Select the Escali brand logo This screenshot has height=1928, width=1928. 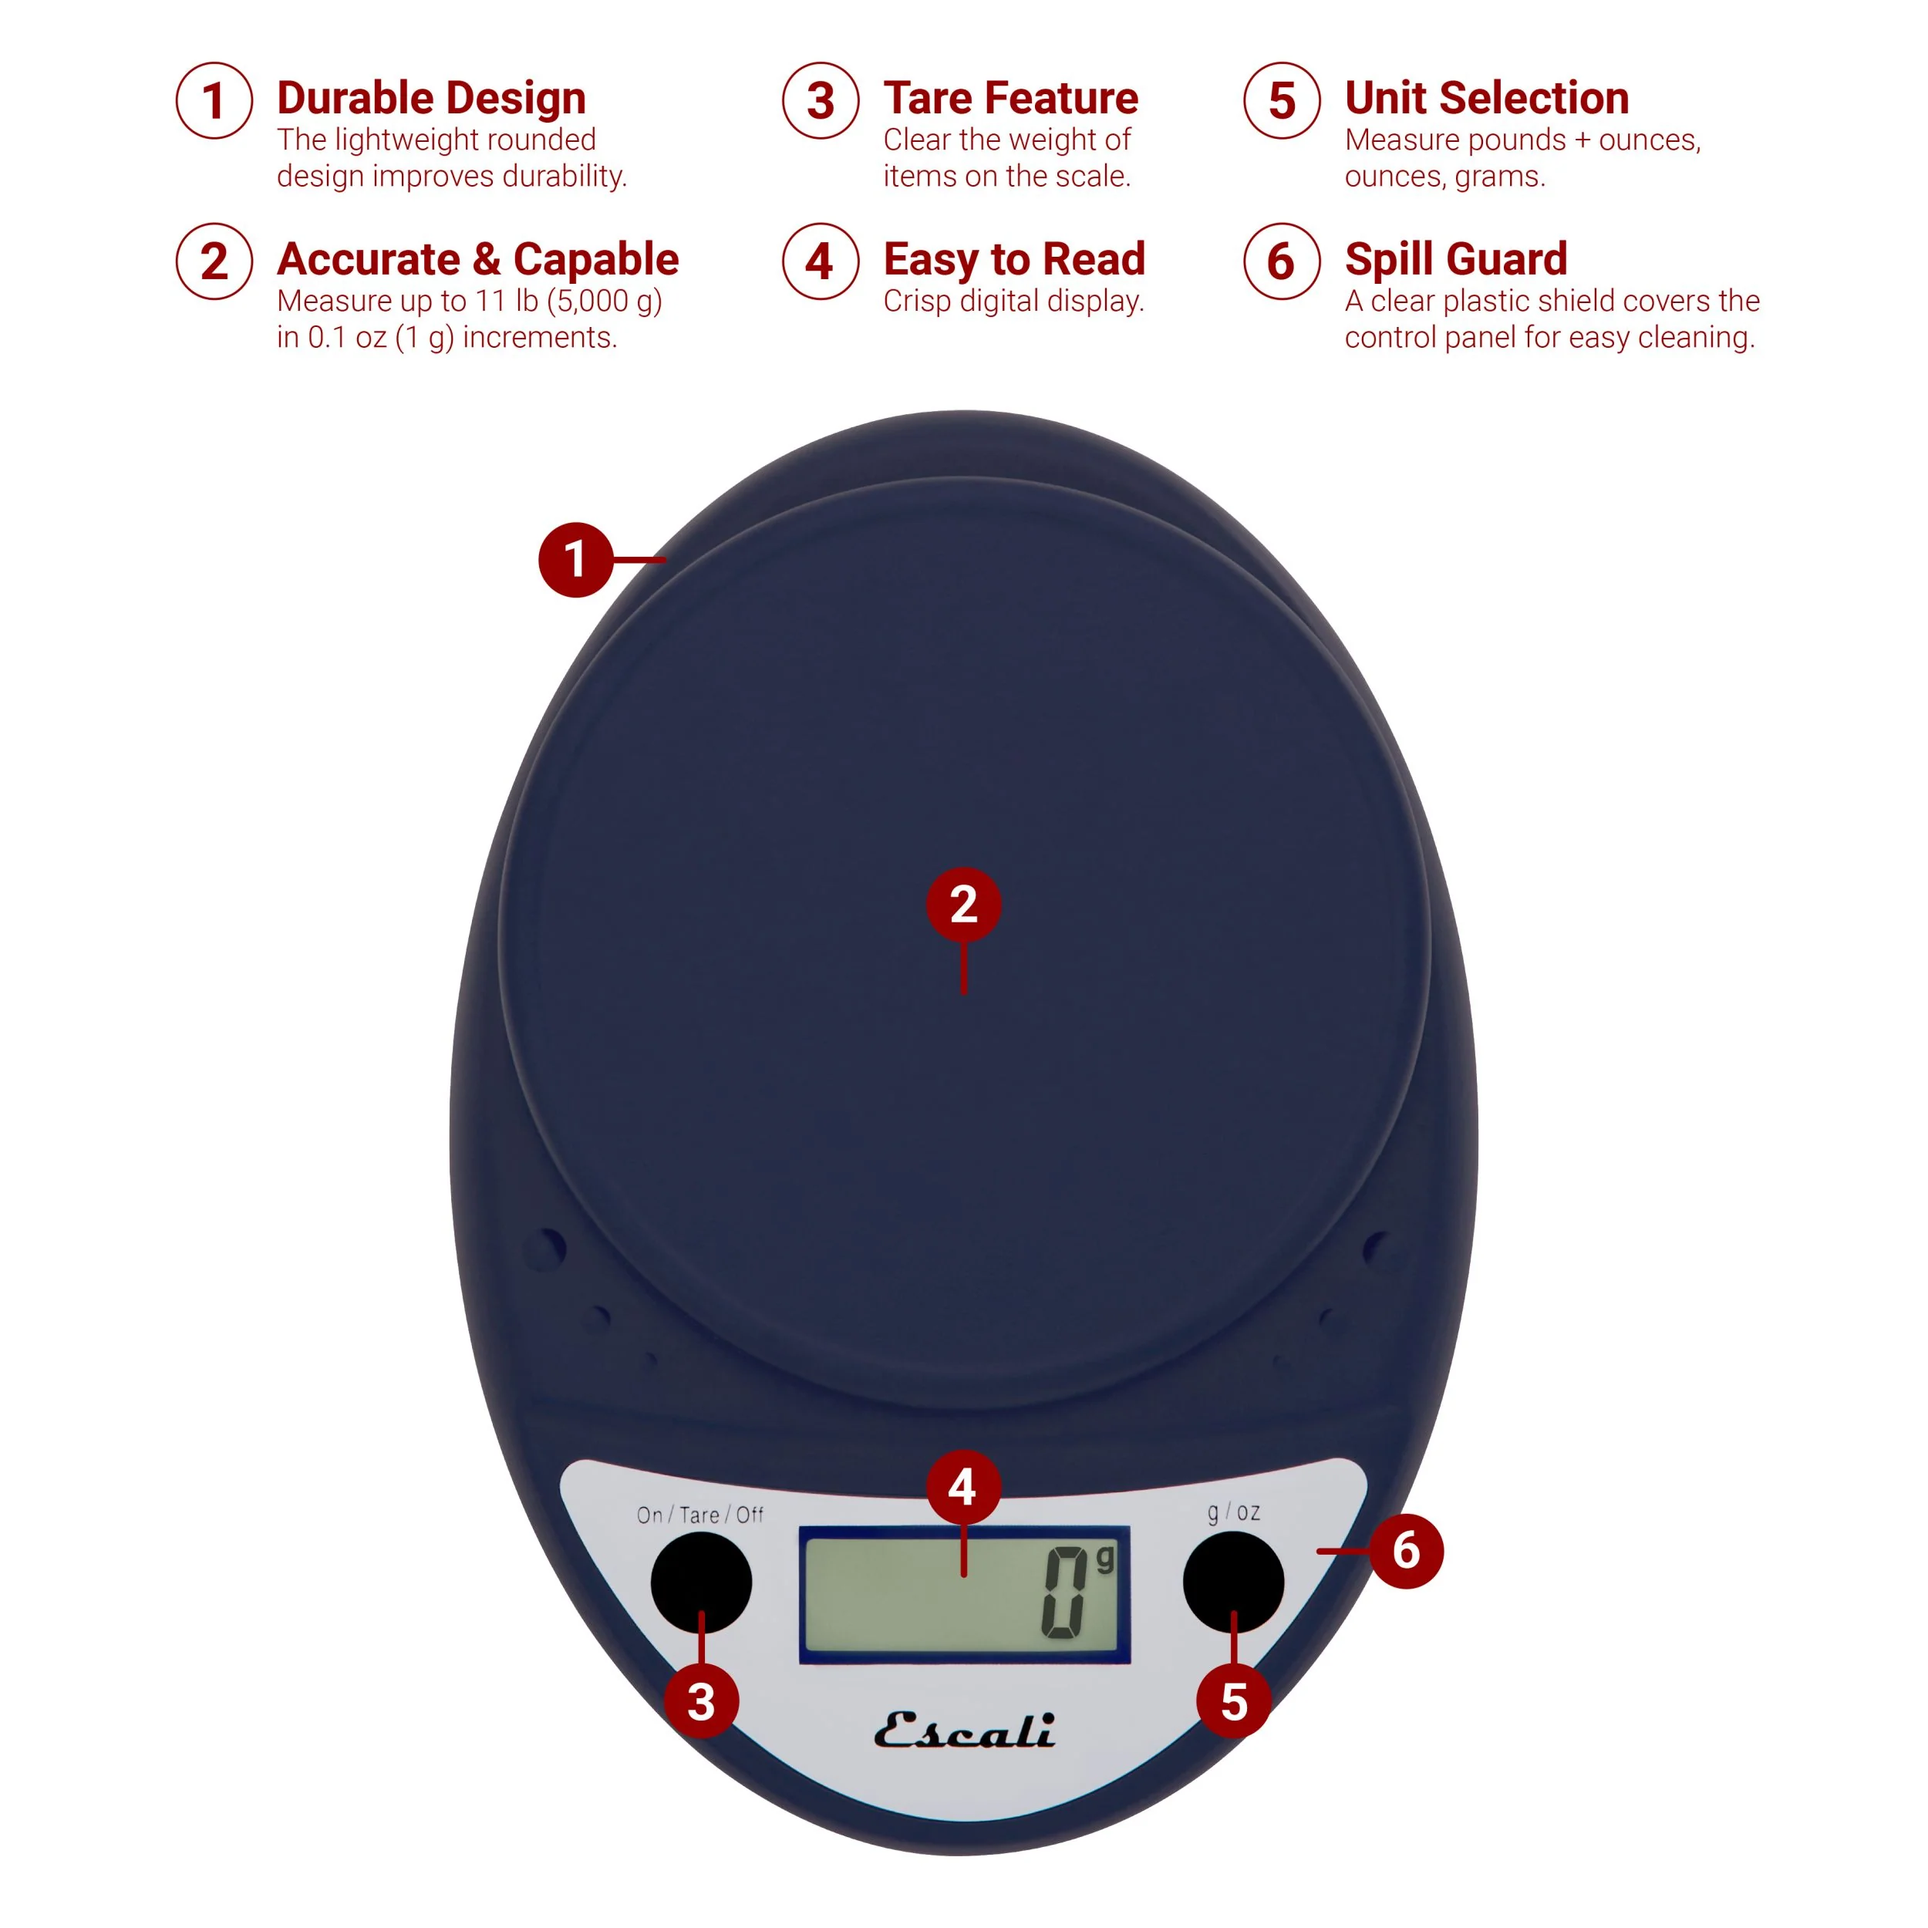[x=964, y=1731]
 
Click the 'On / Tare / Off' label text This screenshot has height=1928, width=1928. [x=699, y=1515]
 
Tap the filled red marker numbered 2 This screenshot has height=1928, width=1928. [x=963, y=904]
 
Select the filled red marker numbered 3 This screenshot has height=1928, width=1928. [x=702, y=1701]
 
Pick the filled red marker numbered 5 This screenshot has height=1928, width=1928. [x=1235, y=1701]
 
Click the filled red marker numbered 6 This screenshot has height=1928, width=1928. [x=1406, y=1550]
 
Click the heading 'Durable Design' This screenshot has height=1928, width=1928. [x=431, y=98]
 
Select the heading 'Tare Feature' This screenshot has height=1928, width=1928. [x=1010, y=98]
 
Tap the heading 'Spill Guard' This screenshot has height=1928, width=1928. [x=1456, y=259]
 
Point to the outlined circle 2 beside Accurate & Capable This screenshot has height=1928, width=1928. [x=214, y=261]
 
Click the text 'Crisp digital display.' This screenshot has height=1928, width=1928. [x=1013, y=302]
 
